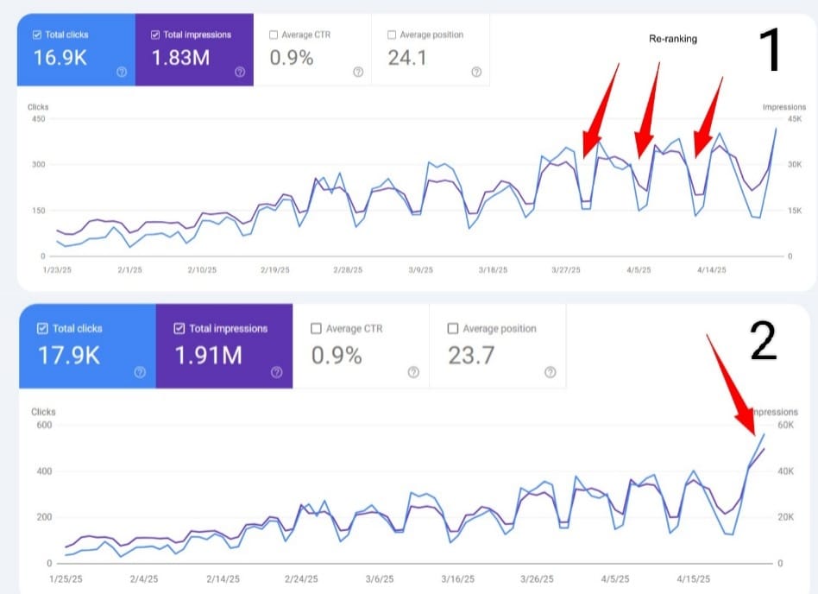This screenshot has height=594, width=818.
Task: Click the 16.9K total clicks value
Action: (x=59, y=58)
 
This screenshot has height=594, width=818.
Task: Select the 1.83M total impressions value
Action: (x=181, y=58)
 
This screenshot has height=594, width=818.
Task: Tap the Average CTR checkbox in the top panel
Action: (x=274, y=35)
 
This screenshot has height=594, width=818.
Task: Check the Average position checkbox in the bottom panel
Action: (x=454, y=329)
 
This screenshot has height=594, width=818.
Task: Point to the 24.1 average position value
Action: (x=407, y=58)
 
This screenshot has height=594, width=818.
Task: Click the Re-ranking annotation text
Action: (x=673, y=40)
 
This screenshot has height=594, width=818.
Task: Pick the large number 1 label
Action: (x=770, y=49)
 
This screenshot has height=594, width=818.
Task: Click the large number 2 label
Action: (x=764, y=340)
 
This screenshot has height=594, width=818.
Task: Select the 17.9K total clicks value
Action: (x=68, y=354)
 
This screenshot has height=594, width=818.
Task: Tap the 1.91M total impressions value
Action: (x=208, y=354)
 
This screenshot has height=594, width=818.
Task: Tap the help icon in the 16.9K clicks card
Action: (x=121, y=72)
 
